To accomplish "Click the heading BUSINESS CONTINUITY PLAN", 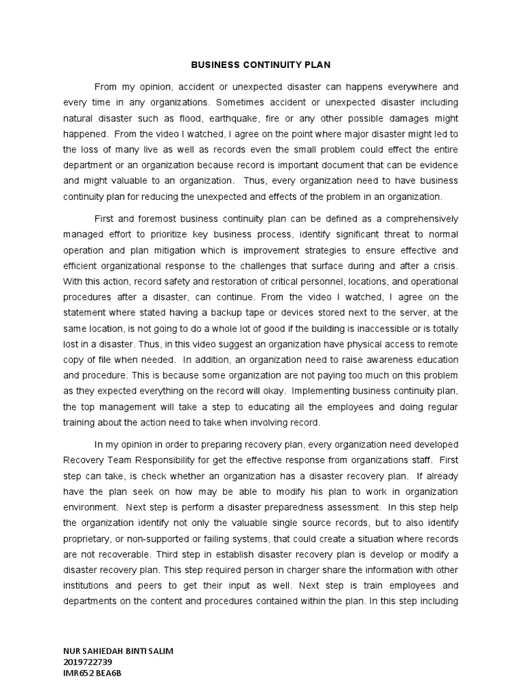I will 261,65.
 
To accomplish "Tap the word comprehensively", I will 417,219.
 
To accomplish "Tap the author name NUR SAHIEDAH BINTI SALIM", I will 118,650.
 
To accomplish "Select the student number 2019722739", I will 86,661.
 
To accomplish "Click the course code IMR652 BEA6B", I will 92,673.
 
